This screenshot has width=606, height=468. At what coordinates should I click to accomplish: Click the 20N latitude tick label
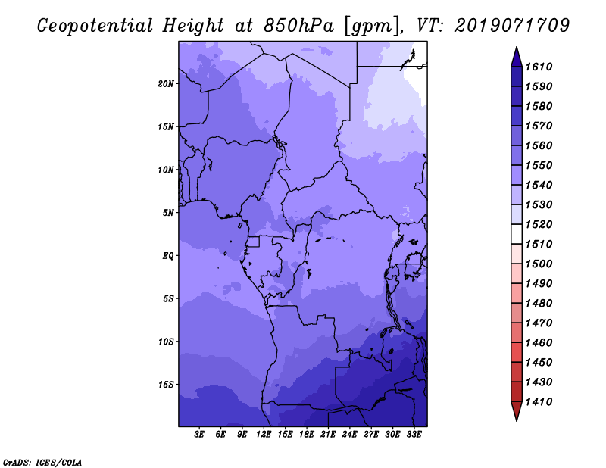pyautogui.click(x=166, y=83)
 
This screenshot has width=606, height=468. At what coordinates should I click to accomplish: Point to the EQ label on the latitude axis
pyautogui.click(x=168, y=255)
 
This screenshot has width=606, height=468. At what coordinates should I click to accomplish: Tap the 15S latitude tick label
pyautogui.click(x=166, y=384)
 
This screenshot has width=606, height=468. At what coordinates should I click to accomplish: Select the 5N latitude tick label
pyautogui.click(x=168, y=213)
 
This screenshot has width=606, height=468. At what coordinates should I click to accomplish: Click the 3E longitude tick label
pyautogui.click(x=200, y=435)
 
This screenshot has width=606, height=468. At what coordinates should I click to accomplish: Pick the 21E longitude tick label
pyautogui.click(x=328, y=435)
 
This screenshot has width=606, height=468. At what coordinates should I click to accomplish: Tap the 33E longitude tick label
pyautogui.click(x=414, y=435)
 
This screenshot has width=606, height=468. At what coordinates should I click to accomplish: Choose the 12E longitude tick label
pyautogui.click(x=264, y=435)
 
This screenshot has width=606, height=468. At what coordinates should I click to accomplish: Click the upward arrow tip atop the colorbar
pyautogui.click(x=515, y=51)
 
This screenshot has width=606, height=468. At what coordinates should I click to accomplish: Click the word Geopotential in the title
pyautogui.click(x=92, y=26)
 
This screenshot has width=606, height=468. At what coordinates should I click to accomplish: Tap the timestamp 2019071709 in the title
pyautogui.click(x=512, y=26)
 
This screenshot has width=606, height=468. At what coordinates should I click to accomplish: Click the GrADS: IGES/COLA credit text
pyautogui.click(x=42, y=461)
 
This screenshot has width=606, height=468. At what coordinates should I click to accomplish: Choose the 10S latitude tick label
pyautogui.click(x=166, y=342)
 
